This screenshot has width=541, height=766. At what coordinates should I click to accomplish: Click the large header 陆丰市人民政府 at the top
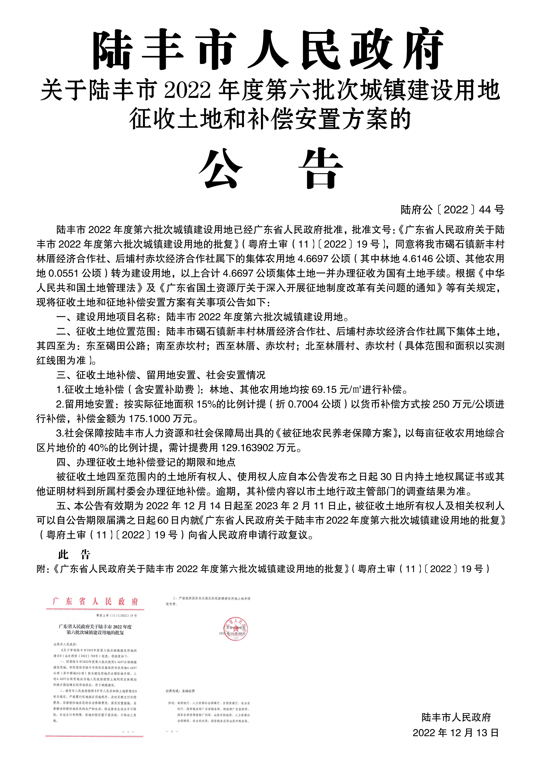(268, 50)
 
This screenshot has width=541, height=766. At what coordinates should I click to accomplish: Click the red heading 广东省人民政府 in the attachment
(95, 601)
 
